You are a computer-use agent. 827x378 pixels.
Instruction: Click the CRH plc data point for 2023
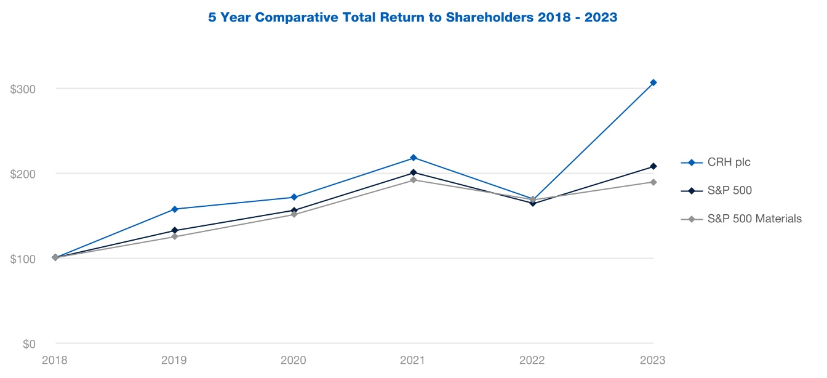(653, 82)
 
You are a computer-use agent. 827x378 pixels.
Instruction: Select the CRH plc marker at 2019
(175, 209)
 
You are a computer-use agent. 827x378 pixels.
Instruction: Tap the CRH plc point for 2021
(413, 158)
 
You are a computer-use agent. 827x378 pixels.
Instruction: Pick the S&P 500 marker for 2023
(653, 166)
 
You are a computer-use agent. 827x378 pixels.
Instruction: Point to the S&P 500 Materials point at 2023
(653, 182)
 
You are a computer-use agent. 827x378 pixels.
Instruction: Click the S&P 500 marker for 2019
(175, 231)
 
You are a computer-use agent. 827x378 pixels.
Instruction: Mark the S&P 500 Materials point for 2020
(294, 214)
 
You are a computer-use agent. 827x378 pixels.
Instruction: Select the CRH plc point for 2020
(294, 197)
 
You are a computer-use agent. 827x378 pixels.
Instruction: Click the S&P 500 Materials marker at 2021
(413, 180)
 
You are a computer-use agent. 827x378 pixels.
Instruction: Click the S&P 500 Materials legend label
(754, 219)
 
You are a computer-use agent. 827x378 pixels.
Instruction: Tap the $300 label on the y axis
(23, 89)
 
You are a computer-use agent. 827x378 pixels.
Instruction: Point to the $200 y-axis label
(23, 174)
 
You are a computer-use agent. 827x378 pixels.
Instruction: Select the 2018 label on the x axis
(55, 360)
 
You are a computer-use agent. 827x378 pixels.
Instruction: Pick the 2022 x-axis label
(533, 360)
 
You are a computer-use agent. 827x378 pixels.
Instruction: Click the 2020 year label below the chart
(294, 360)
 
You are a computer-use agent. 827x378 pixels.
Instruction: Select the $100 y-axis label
(23, 259)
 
